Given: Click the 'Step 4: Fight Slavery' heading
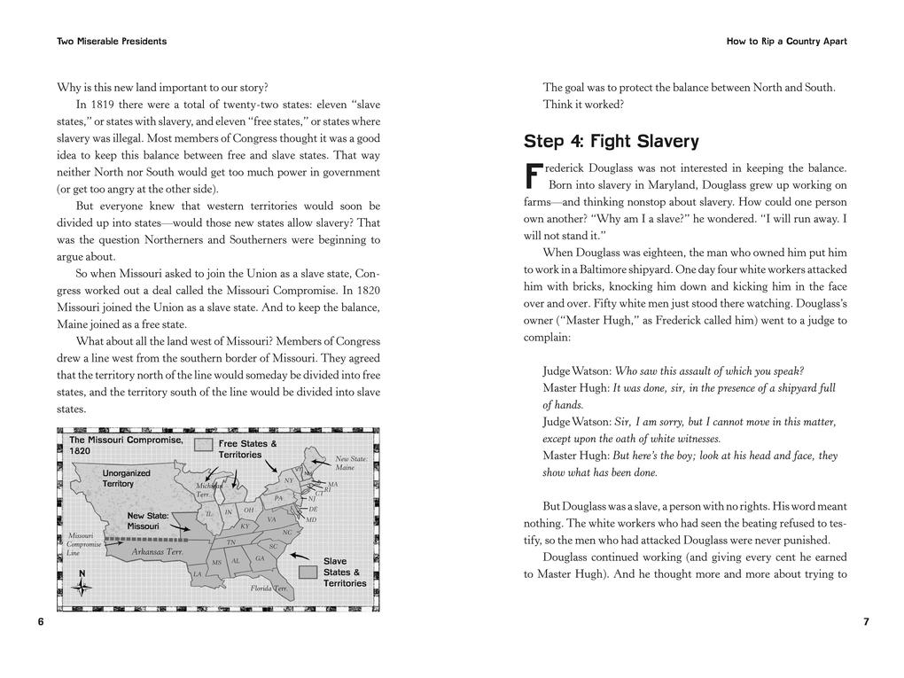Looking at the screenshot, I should [611, 141].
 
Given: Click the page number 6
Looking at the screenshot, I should [41, 622].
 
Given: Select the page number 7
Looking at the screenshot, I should [866, 622].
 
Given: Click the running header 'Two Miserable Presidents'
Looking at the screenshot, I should [112, 41].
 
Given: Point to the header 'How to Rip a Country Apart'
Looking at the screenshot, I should [786, 41].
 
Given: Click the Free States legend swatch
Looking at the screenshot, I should [204, 445].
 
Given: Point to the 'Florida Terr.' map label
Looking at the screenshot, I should [269, 588].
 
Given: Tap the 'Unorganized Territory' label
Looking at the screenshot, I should [126, 479].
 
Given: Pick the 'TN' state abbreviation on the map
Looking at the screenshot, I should [230, 542].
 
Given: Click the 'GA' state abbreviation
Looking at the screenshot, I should [260, 558].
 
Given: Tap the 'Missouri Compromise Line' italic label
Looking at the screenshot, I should [83, 543].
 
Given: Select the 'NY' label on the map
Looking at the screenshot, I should [288, 480].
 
